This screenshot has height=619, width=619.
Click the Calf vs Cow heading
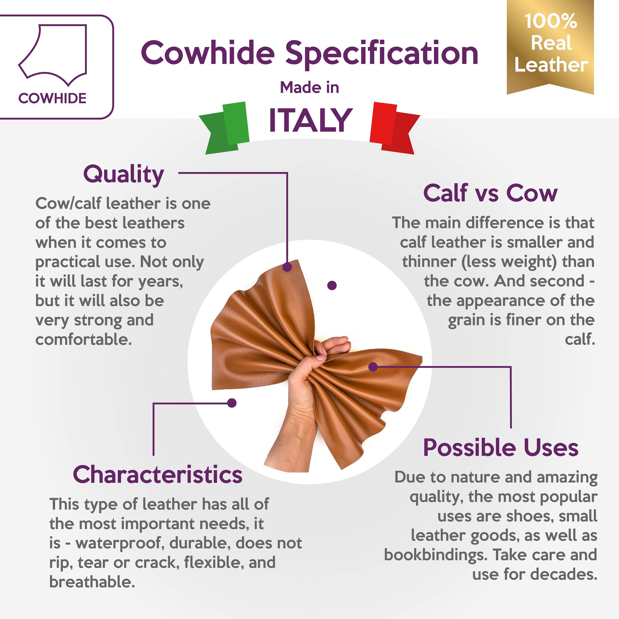point(490,193)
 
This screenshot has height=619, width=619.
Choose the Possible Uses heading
point(501,447)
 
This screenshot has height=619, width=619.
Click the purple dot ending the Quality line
point(287,267)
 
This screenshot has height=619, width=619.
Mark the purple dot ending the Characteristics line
point(232,403)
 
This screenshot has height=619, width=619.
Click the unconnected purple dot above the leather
point(332,285)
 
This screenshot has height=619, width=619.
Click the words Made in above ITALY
point(309,87)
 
